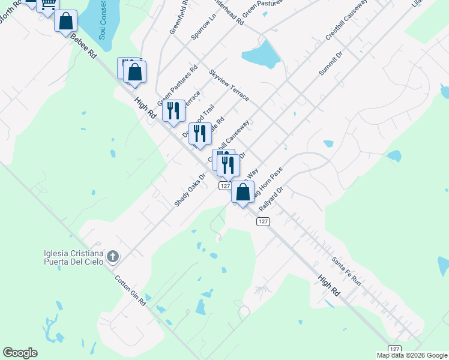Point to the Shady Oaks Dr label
190,190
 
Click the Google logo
20,353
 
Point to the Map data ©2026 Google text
411,355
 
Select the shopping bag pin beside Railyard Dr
243,193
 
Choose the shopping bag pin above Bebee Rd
65,22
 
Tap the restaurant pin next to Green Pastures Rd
173,112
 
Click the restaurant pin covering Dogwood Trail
200,134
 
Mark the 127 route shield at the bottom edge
394,349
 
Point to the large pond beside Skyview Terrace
262,55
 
